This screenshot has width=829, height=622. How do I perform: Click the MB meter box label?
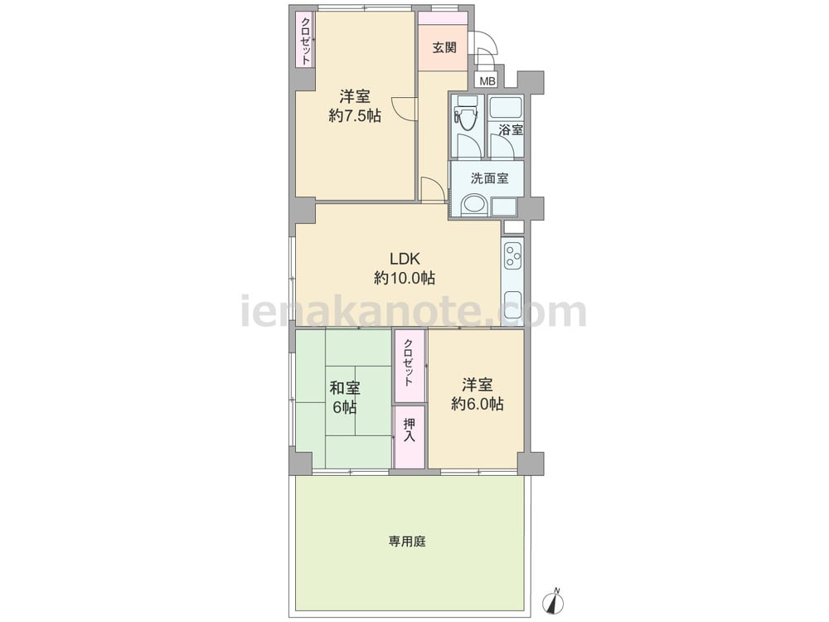click(x=487, y=81)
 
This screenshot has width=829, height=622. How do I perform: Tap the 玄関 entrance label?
click(x=444, y=47)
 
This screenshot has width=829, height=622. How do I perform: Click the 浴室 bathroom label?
click(x=511, y=129)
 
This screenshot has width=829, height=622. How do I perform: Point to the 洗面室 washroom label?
click(x=490, y=178)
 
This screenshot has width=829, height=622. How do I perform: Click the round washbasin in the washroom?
click(x=473, y=205)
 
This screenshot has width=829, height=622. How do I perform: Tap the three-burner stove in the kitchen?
click(x=513, y=255)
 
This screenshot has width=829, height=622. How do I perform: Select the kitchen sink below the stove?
click(x=513, y=304)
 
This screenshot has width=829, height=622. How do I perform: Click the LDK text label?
click(x=405, y=259)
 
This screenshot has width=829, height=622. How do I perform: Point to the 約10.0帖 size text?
click(x=405, y=278)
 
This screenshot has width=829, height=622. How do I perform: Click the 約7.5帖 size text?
click(x=355, y=116)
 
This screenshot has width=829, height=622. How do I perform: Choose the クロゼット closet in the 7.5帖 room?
click(x=305, y=41)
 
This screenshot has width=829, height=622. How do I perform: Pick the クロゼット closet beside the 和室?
click(x=410, y=366)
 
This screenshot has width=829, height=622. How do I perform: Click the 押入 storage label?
click(x=410, y=430)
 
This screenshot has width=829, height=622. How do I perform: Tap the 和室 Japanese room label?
click(x=345, y=389)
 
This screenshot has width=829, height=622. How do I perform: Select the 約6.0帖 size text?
click(x=478, y=404)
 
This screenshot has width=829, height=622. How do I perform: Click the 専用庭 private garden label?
click(x=407, y=542)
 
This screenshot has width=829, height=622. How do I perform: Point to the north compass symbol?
click(x=554, y=602)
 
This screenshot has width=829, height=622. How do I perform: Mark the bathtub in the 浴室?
click(x=504, y=109)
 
